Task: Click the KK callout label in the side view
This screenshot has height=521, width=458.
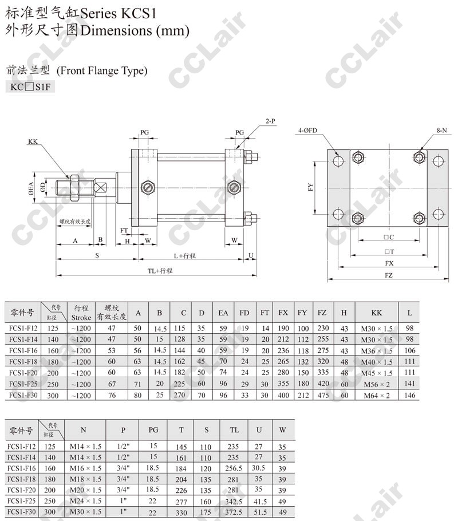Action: (x=33, y=142)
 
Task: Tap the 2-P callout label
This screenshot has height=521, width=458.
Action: (x=270, y=121)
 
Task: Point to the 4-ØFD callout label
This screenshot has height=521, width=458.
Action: (x=307, y=131)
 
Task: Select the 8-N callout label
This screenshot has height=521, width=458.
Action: (x=442, y=131)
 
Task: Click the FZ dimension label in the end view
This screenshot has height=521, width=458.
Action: (x=389, y=275)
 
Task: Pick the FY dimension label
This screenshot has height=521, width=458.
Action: (x=310, y=187)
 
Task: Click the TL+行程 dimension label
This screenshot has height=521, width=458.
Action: (x=160, y=271)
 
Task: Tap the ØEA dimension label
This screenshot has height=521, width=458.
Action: (x=31, y=188)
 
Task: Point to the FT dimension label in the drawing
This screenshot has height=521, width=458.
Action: (x=124, y=230)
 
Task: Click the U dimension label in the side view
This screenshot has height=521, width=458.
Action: (x=251, y=255)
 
